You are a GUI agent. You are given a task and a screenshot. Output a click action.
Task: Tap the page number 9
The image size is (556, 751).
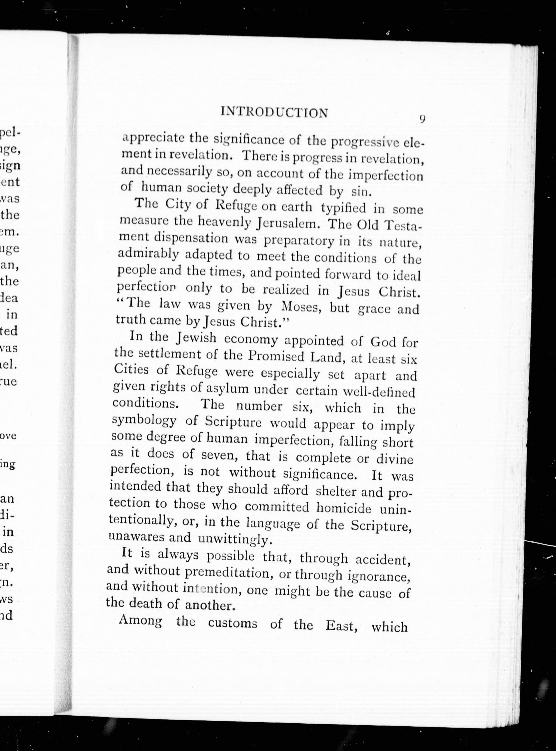point(422,120)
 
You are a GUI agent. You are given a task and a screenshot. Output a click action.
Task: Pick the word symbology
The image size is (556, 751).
point(144,421)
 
